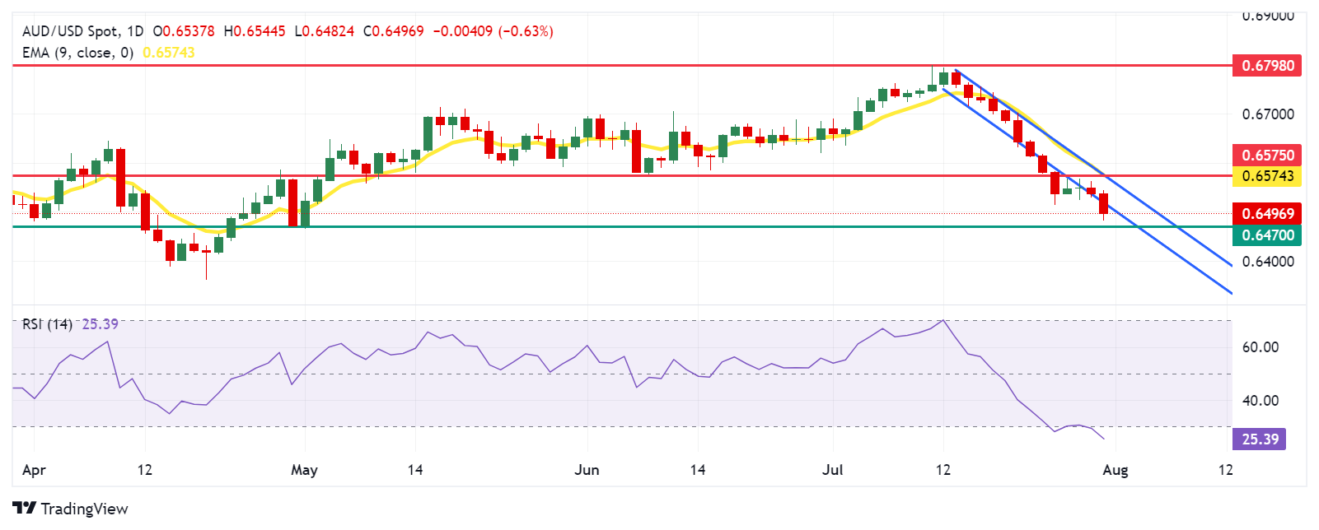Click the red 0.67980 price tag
pyautogui.click(x=1266, y=65)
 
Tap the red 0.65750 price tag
pyautogui.click(x=1266, y=155)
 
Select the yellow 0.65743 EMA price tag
pyautogui.click(x=1266, y=175)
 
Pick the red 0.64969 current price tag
pyautogui.click(x=1266, y=213)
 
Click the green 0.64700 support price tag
pyautogui.click(x=1266, y=235)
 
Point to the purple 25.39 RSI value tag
pyautogui.click(x=1260, y=439)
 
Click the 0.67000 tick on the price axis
pyautogui.click(x=1268, y=114)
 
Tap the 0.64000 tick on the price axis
pyautogui.click(x=1268, y=262)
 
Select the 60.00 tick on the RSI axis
pyautogui.click(x=1261, y=347)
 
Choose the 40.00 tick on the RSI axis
pyautogui.click(x=1261, y=401)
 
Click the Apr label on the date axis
pyautogui.click(x=34, y=470)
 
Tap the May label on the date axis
pyautogui.click(x=304, y=470)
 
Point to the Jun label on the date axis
pyautogui.click(x=587, y=470)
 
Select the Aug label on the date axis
pyautogui.click(x=1115, y=470)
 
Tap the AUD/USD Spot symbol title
pyautogui.click(x=70, y=31)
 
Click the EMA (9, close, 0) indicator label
pyautogui.click(x=77, y=53)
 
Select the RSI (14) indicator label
pyautogui.click(x=47, y=324)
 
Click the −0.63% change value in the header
pyautogui.click(x=527, y=31)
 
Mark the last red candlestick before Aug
pyautogui.click(x=1104, y=203)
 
